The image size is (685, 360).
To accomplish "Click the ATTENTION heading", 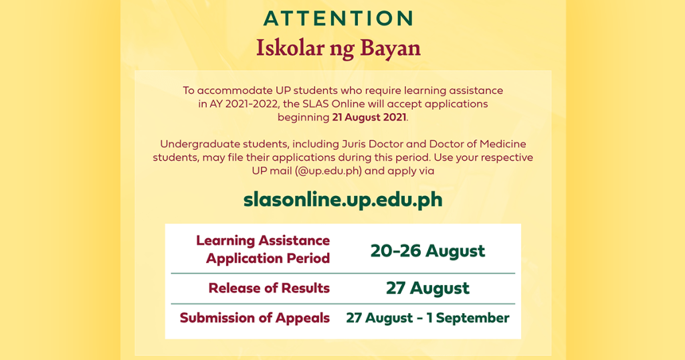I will pos(338,18).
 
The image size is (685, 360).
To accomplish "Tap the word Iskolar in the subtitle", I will pos(285,48).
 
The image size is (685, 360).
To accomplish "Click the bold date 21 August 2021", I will pos(369,117).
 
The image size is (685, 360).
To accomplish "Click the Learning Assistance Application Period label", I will pos(263,249).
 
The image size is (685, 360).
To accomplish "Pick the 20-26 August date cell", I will pos(427,251).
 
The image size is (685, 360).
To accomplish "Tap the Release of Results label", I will pos(269,288).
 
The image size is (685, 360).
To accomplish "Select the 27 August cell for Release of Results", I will pos(427,288).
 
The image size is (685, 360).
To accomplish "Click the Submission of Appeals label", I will pos(255,318).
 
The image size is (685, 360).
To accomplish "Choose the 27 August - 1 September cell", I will pos(427,318).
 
